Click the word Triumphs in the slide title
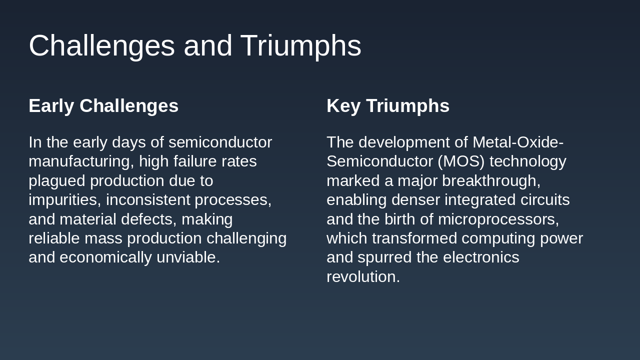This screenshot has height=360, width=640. (x=300, y=46)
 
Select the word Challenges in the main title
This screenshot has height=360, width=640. (x=101, y=46)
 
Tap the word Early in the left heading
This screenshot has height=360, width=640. (x=51, y=106)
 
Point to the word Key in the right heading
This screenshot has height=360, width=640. (x=343, y=106)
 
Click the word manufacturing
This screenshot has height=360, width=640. (x=81, y=161)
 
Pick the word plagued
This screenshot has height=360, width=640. (x=56, y=180)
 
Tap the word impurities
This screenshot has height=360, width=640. (x=64, y=200)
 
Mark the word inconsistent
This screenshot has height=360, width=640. (x=148, y=200)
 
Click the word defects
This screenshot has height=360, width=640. (x=153, y=219)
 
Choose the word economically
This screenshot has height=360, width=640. (x=106, y=257)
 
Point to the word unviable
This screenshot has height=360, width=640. (x=188, y=257)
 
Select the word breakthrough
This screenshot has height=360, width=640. (x=491, y=180)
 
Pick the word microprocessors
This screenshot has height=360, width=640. (x=498, y=219)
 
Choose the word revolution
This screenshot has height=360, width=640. (x=363, y=276)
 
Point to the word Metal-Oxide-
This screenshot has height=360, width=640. (x=518, y=142)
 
